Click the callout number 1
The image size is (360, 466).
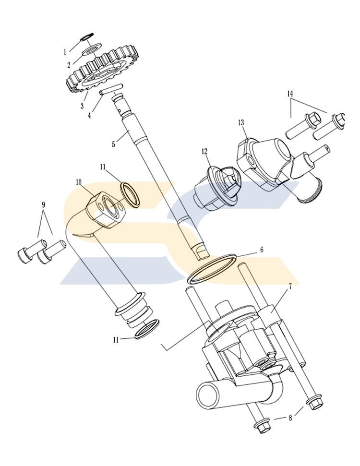coord(65,52)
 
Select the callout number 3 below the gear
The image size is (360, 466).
coord(83,106)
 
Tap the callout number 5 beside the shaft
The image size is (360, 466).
coord(113,144)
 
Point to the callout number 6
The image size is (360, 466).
coord(262,250)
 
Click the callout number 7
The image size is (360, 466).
coord(290,287)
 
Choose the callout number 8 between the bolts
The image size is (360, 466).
coord(290,418)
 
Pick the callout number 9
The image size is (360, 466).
coord(43,204)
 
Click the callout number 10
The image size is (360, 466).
coord(79,181)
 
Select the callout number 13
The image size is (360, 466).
coord(241,122)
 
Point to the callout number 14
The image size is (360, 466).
coord(290,94)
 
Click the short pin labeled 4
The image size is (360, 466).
coord(111,89)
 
